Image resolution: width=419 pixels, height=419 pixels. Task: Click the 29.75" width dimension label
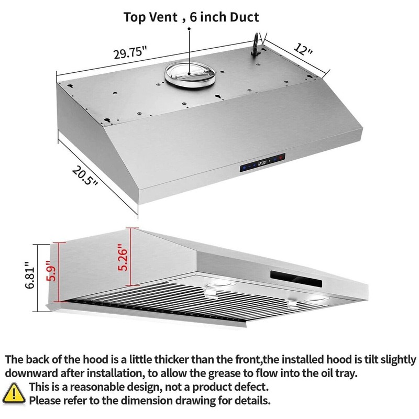(130, 53)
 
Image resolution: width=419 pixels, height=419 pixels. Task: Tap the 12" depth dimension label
(303, 51)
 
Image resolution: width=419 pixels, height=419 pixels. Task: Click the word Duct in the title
(241, 17)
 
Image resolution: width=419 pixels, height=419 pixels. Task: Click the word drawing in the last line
(205, 402)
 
